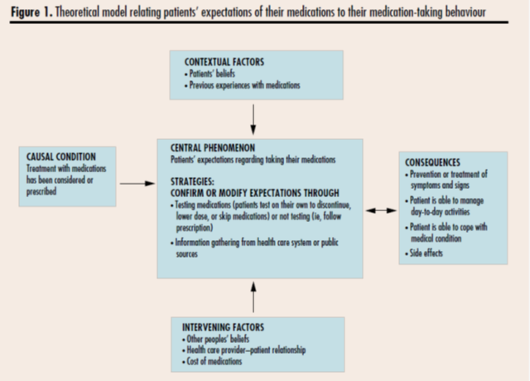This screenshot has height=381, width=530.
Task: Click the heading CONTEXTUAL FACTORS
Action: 224,62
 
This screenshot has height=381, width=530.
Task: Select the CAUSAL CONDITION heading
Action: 61,157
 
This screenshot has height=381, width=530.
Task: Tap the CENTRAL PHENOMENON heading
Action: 213,148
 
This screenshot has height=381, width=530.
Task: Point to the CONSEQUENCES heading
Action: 432,162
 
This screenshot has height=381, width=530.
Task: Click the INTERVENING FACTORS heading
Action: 223,327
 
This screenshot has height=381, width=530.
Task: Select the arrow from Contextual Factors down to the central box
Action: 253,119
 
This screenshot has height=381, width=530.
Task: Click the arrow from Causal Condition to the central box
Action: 137,184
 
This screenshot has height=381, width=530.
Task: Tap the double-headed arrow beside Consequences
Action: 381,210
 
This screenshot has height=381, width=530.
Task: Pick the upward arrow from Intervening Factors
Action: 253,297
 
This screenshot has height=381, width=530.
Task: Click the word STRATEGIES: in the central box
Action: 192,182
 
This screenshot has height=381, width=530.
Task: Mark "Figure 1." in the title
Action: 31,12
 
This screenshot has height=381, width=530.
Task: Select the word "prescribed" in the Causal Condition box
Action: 41,191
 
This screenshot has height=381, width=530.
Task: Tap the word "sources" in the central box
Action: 186,254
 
